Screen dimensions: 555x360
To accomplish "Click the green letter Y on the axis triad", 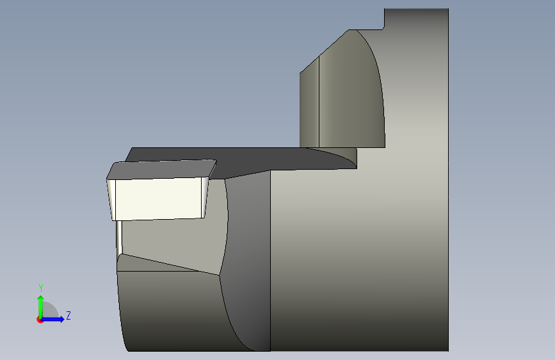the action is point(41,288).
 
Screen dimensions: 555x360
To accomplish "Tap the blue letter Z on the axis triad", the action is point(68,315).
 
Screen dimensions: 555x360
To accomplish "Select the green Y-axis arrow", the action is point(41,307).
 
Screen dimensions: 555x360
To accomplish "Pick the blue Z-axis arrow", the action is point(52,319).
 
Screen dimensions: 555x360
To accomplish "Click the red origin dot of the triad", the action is point(40,320).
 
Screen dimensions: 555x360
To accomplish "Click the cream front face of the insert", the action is point(159,199).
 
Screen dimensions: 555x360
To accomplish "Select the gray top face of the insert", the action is point(161,170).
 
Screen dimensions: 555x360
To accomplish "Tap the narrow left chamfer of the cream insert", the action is point(111,200).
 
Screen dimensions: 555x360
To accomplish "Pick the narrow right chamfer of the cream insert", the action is point(205,198).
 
